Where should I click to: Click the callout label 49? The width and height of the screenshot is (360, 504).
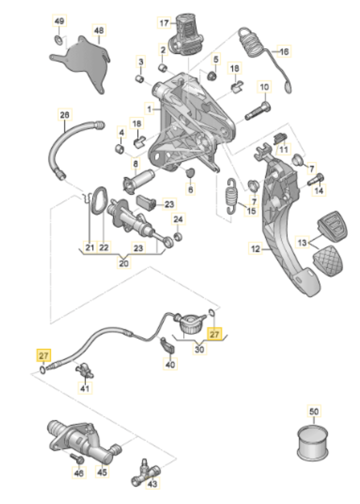59,21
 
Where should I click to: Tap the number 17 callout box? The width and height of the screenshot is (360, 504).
164,23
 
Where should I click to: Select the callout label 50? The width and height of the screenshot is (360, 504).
314,412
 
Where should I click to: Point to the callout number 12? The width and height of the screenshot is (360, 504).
256,248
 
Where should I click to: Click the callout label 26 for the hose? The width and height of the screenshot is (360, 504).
64,115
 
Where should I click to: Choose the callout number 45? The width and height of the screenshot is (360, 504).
101,470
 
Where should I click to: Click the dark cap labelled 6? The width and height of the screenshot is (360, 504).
190,173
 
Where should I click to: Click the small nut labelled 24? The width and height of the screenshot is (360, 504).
178,235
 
